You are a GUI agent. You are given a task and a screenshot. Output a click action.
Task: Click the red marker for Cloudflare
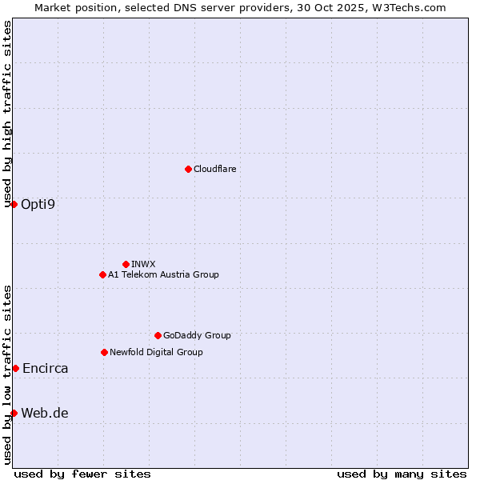[188, 169]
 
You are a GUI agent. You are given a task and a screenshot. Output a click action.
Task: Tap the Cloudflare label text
[214, 169]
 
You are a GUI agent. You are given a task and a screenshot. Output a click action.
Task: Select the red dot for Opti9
[14, 204]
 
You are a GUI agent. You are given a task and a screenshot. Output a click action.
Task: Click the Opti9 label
[38, 204]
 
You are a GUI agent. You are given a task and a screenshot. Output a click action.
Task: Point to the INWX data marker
[126, 264]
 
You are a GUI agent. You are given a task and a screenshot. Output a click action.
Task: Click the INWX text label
[143, 264]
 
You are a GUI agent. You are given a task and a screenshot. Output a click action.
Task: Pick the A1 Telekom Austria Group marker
[102, 274]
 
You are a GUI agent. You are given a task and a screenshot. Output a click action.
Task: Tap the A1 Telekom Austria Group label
[163, 274]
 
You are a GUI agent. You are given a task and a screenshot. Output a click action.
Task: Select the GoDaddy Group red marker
[158, 335]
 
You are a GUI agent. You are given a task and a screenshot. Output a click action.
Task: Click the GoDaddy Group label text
[196, 335]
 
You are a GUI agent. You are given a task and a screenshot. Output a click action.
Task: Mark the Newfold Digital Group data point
[104, 352]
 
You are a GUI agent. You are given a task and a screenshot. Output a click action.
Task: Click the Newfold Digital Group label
[156, 352]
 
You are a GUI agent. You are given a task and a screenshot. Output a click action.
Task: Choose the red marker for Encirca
[15, 368]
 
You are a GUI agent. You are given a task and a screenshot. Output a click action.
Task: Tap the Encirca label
[45, 368]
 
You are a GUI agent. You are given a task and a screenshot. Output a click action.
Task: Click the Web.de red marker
[14, 413]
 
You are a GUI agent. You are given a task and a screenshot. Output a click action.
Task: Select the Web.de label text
[45, 413]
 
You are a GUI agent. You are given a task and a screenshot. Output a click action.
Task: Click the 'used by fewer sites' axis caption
[82, 474]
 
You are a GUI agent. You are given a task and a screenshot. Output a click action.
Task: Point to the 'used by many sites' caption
[402, 474]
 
